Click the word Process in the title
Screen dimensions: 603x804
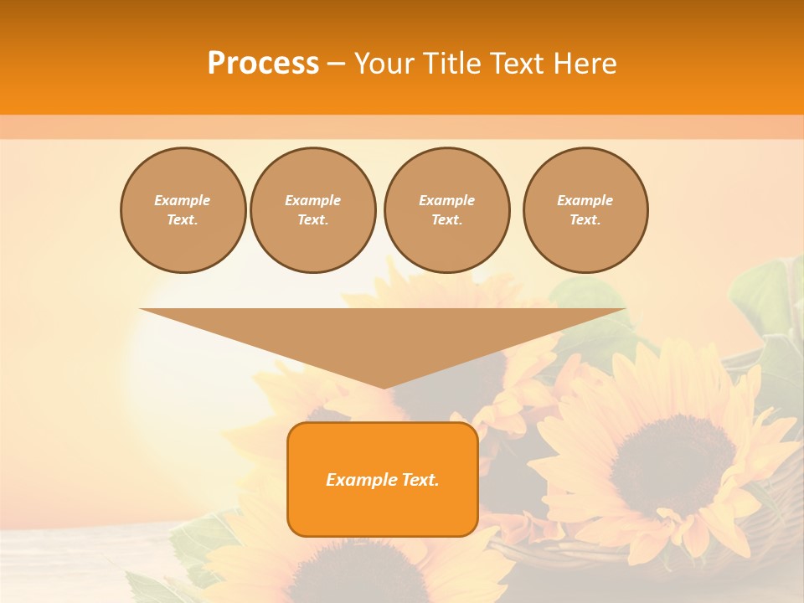click(263, 64)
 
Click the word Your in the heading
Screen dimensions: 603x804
click(384, 64)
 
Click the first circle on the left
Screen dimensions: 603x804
click(183, 210)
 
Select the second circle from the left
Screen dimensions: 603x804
click(313, 210)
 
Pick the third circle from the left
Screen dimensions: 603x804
click(446, 210)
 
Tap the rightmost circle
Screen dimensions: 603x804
click(585, 210)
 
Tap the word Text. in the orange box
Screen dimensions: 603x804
click(419, 480)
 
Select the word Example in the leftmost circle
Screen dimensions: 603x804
click(183, 200)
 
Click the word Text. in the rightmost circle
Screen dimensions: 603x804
click(585, 220)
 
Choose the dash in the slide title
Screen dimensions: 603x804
click(336, 64)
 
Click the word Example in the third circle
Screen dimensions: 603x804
click(446, 200)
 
